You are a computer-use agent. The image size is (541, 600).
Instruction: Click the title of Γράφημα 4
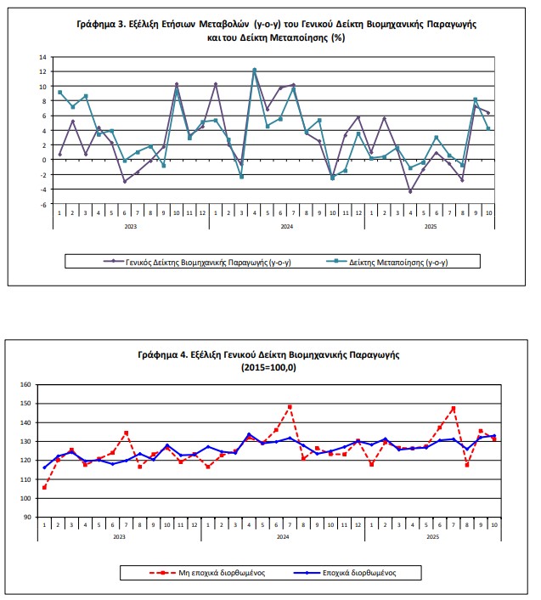point(269,359)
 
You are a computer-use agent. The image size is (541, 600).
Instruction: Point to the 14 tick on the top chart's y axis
point(43,57)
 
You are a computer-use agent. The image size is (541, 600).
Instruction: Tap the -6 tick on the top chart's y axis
point(42,204)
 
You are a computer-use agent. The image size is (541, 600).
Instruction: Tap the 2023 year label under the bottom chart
point(119,537)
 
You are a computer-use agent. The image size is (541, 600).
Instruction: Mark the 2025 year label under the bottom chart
point(432,537)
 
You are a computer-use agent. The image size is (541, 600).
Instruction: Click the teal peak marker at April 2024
point(255,70)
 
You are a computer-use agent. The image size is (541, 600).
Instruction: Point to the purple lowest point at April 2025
point(409,192)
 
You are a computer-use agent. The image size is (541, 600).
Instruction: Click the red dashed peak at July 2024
point(290,406)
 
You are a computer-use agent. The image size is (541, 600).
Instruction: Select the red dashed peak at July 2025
point(454,408)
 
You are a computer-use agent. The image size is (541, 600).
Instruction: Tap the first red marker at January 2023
point(44,487)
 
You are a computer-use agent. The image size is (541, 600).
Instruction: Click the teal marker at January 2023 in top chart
point(59,92)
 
